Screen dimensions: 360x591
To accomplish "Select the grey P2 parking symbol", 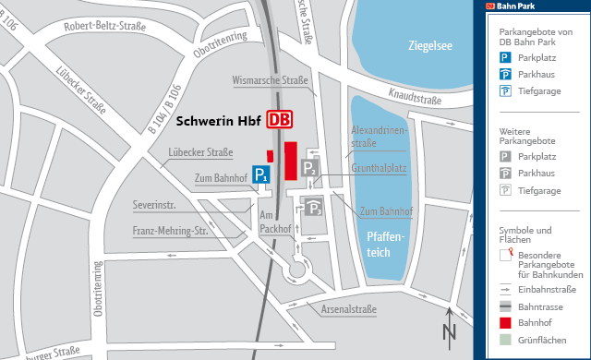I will coord(311,166).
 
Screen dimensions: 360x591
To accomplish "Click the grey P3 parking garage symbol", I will coord(314,208).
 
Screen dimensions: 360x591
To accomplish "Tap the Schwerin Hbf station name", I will coord(218,121).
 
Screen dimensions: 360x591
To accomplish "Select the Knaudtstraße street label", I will coord(418,94).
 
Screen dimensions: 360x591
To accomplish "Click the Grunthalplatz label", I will coord(379,168).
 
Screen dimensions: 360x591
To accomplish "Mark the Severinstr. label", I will coord(153,204).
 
